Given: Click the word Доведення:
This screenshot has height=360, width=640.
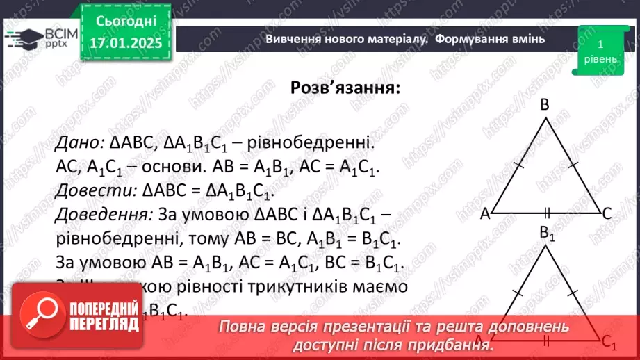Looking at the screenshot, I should (103, 215).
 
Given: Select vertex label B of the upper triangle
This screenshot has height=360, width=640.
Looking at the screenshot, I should (545, 105).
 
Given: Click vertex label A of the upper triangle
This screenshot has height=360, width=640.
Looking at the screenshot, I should (485, 215).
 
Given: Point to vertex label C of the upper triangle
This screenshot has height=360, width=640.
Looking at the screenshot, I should (606, 215).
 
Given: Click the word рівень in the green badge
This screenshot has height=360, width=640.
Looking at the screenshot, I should (599, 59).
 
